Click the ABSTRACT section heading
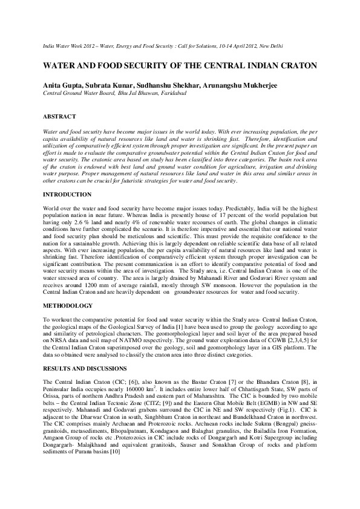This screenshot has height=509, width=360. pyautogui.click(x=59, y=115)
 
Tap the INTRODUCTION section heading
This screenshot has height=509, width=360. pyautogui.click(x=67, y=195)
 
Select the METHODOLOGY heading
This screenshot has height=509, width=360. pyautogui.click(x=67, y=289)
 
